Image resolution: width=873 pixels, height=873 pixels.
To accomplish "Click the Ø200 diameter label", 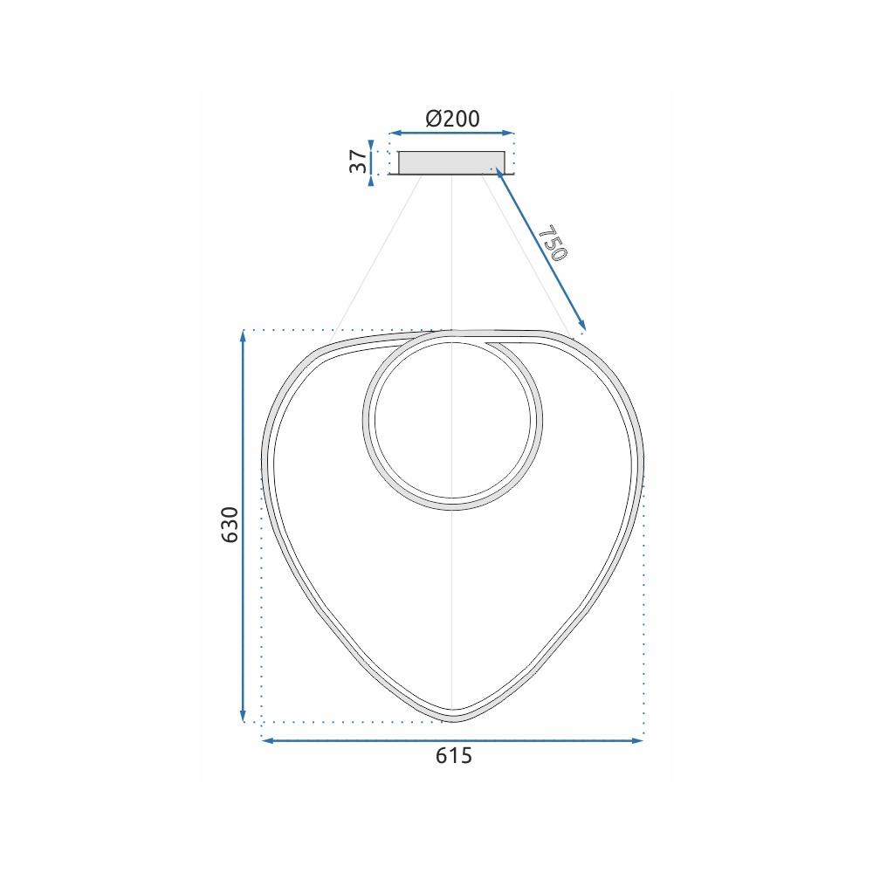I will (x=452, y=119).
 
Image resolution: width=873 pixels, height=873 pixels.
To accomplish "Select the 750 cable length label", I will (x=553, y=244).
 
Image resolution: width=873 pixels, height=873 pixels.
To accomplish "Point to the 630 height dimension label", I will (x=230, y=524).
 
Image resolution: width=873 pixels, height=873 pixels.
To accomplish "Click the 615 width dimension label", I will (x=453, y=756).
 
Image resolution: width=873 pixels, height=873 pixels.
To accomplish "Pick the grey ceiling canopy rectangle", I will (x=451, y=162).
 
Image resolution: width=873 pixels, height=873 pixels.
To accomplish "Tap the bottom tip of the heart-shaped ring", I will (x=452, y=718).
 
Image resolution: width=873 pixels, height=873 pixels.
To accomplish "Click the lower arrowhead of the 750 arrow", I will (x=581, y=328).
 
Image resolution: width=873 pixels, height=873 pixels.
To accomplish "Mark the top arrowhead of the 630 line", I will (x=244, y=335).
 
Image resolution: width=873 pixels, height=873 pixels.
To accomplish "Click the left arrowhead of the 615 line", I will (x=267, y=740).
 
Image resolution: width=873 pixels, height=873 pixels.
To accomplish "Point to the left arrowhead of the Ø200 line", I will (x=393, y=134).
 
